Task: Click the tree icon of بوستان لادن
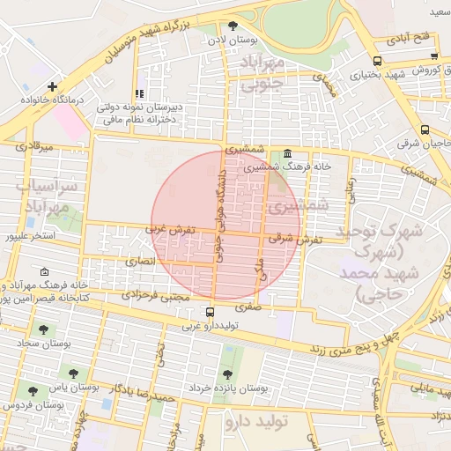coord(233,26)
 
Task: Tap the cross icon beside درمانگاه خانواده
coord(54,86)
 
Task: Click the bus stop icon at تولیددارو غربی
coord(210,312)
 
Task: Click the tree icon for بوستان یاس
coord(73,373)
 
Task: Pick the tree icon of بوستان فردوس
coord(33,390)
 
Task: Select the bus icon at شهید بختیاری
coord(377,62)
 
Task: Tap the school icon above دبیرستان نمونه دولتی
coord(138,93)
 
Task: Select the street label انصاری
coord(139,262)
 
